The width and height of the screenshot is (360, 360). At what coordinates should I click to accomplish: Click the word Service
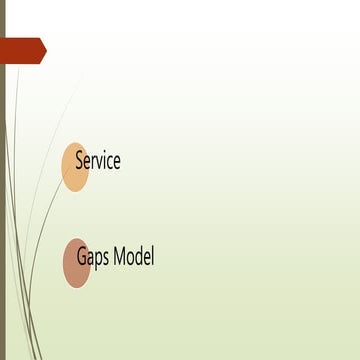tap(98, 160)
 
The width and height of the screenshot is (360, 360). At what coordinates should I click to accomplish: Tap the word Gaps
tap(93, 258)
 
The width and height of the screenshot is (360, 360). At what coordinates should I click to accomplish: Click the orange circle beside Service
tap(73, 166)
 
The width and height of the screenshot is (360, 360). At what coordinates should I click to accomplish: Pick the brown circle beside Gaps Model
tap(75, 263)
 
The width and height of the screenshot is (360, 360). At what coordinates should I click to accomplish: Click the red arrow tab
tap(22, 50)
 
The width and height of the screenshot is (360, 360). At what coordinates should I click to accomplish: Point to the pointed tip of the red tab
tap(45, 50)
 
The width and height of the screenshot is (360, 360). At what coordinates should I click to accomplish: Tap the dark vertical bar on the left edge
tap(3, 200)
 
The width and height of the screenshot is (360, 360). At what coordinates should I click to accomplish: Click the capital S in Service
tap(79, 160)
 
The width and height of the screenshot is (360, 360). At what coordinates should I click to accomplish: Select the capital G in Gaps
tap(81, 257)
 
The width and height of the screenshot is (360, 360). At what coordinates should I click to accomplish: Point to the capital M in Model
tap(120, 257)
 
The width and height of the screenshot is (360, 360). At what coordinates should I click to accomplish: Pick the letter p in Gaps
tap(98, 259)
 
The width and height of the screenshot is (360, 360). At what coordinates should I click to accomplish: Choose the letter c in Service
tap(111, 161)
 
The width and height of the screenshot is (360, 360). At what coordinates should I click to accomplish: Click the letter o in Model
tap(131, 258)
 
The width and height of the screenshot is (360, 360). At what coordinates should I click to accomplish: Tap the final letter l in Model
tap(153, 256)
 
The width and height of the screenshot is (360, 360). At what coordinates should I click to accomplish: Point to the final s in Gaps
tap(105, 258)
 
